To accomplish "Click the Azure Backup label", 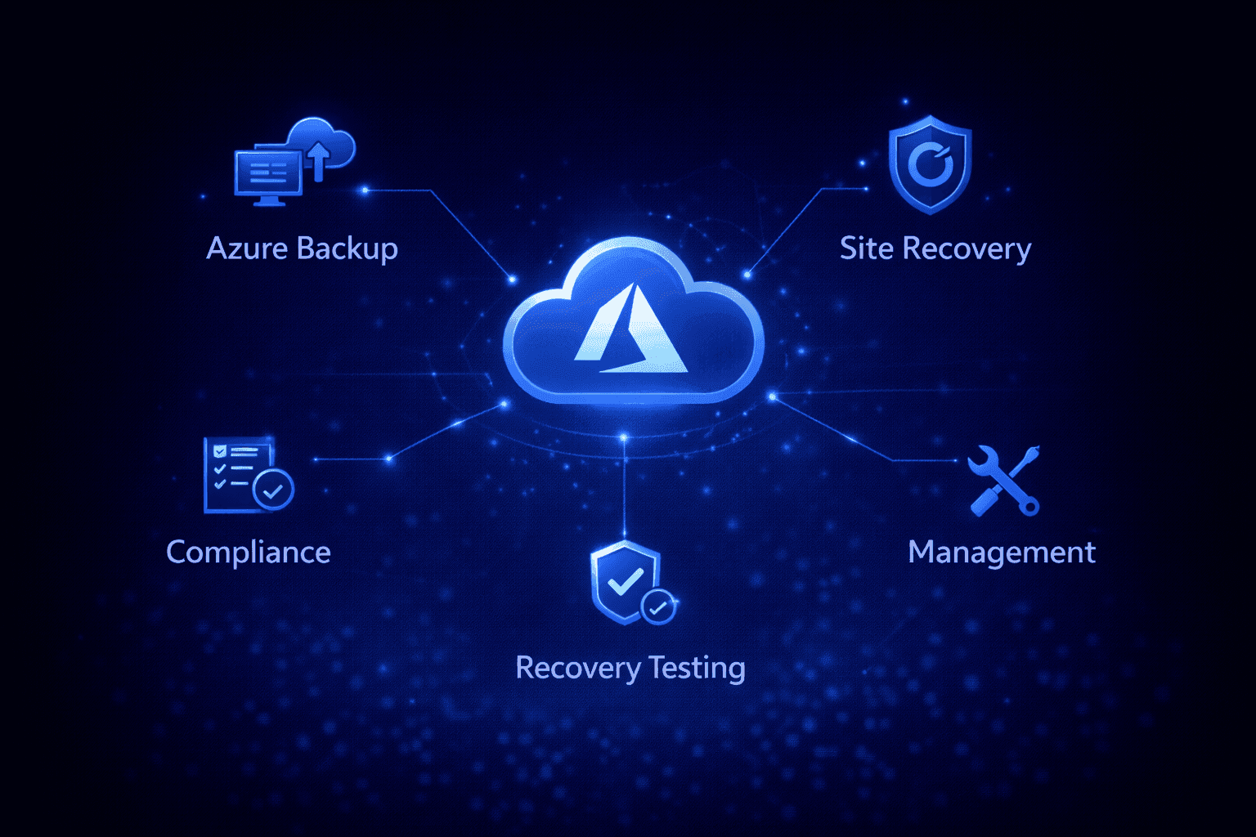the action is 303,249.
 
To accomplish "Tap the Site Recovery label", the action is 935,249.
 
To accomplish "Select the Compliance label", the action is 249,553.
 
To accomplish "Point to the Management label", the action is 1002,553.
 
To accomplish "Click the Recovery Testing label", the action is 630,669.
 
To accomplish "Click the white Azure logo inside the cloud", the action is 631,329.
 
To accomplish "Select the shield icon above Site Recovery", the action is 930,165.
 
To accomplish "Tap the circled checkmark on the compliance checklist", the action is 273,490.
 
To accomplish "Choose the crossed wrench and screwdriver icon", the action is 1003,481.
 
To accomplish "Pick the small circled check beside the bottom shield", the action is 658,606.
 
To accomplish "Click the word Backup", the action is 348,249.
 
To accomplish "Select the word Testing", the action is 698,669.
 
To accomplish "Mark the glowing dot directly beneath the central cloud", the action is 624,437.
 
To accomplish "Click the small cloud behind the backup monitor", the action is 322,143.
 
